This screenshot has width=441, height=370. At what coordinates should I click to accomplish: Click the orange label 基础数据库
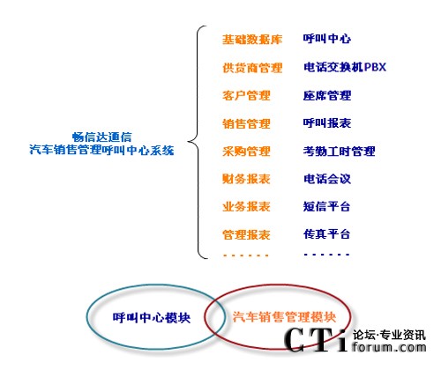252,40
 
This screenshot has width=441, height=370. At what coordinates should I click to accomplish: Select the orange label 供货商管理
252,68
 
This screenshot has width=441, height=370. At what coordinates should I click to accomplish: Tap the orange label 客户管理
246,96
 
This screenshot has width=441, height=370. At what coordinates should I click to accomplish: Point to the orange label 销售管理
246,123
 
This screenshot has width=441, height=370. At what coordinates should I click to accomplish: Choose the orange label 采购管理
246,152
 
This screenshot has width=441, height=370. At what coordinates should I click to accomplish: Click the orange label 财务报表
246,179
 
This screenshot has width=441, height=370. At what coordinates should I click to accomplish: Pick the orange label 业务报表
246,206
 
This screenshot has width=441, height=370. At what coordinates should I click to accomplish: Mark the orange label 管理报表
246,234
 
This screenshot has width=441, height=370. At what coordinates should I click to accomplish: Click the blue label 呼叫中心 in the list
327,39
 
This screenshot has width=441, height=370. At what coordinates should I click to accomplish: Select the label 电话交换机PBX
345,67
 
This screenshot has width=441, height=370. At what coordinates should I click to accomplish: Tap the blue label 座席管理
327,95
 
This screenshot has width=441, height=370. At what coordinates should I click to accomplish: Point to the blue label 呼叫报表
327,123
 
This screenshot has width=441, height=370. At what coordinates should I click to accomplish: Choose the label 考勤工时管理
339,152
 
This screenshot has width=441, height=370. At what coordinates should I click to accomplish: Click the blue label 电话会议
327,179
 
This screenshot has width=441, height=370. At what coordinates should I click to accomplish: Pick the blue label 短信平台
326,206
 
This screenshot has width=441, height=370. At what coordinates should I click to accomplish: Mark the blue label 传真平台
326,234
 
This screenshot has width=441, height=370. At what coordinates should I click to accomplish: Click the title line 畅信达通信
101,137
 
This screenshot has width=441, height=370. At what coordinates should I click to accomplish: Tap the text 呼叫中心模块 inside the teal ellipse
152,318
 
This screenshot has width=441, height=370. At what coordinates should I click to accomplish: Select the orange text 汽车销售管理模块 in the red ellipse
284,317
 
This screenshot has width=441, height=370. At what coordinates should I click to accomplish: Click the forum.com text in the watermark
389,347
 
